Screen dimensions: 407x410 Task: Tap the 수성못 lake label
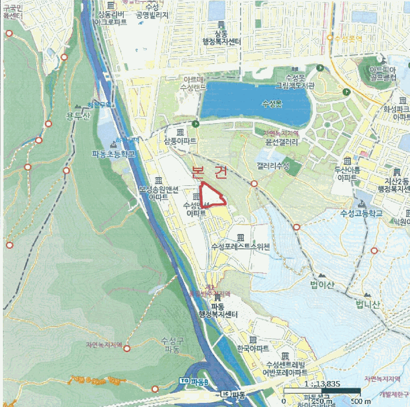pyautogui.click(x=272, y=104)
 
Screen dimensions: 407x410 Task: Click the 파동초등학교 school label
pyautogui.click(x=113, y=154)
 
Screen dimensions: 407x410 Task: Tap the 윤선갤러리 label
pyautogui.click(x=282, y=141)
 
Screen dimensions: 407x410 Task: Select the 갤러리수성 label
pyautogui.click(x=273, y=166)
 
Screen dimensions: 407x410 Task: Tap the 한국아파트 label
pyautogui.click(x=253, y=348)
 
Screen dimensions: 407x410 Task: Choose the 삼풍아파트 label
pyautogui.click(x=179, y=142)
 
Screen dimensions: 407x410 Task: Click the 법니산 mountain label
pyautogui.click(x=367, y=304)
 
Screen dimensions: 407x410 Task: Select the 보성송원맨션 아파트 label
pyautogui.click(x=158, y=193)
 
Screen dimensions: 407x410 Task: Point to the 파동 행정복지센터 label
pyautogui.click(x=217, y=311)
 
